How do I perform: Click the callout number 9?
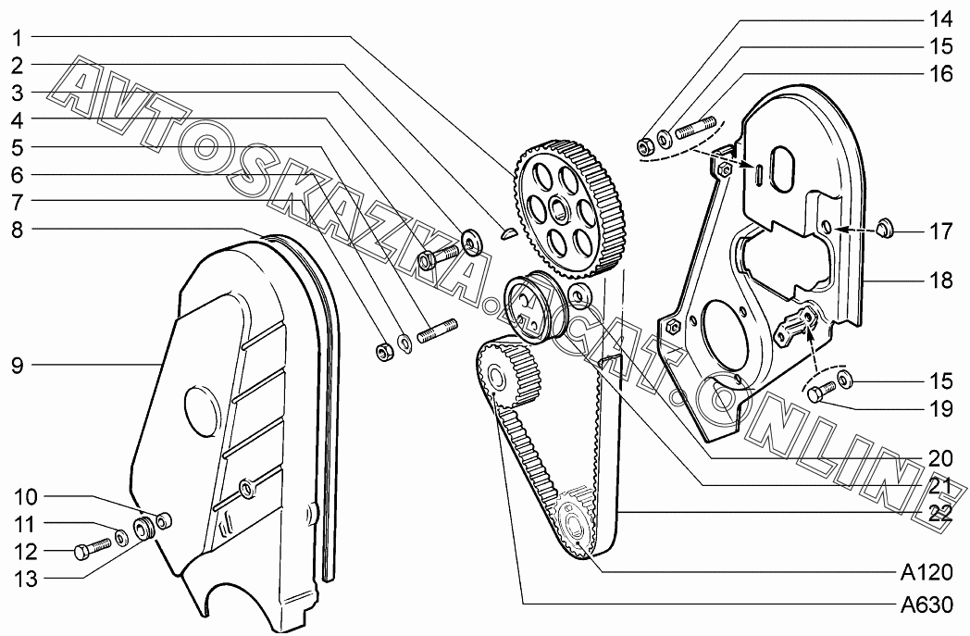[18, 366]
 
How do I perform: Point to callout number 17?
[940, 231]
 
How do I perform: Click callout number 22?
[940, 515]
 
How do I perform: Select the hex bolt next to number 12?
[90, 550]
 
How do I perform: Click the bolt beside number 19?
[818, 394]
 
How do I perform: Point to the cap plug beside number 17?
[883, 227]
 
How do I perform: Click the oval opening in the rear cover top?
[780, 171]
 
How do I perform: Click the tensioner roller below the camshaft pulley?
[529, 305]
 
